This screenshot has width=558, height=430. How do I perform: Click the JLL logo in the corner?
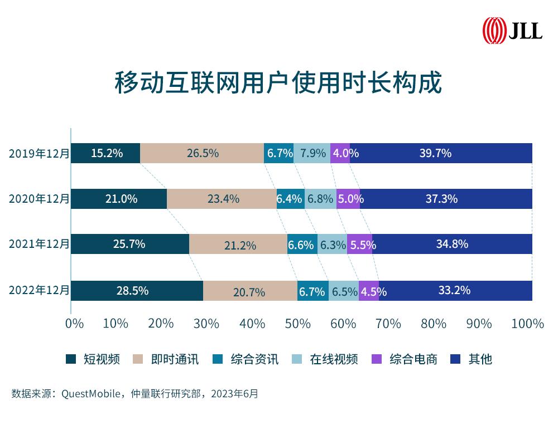click(x=512, y=30)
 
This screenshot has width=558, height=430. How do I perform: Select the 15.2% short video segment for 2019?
click(x=105, y=153)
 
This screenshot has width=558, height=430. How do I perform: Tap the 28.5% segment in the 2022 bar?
click(x=137, y=291)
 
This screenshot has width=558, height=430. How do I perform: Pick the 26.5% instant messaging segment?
click(x=202, y=153)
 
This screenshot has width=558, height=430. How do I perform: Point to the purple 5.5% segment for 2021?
click(x=359, y=245)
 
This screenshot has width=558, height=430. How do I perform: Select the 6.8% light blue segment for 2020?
click(x=320, y=199)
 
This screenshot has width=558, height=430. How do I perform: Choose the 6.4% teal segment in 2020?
click(x=290, y=199)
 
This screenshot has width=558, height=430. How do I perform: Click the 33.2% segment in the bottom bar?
click(x=455, y=291)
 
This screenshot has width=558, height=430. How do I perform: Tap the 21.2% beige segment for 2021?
click(x=238, y=245)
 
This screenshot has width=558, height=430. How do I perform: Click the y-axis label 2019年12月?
click(x=39, y=154)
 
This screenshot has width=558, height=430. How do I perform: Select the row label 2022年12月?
click(x=39, y=290)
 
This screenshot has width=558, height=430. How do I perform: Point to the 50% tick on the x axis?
click(x=298, y=324)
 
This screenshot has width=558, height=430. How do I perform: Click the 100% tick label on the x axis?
click(x=527, y=324)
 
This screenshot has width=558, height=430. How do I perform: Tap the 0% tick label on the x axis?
click(x=74, y=324)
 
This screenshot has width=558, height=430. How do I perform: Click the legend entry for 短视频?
click(x=93, y=359)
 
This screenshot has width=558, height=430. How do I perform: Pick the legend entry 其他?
click(x=473, y=359)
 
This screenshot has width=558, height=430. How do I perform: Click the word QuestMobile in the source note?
click(x=91, y=394)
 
